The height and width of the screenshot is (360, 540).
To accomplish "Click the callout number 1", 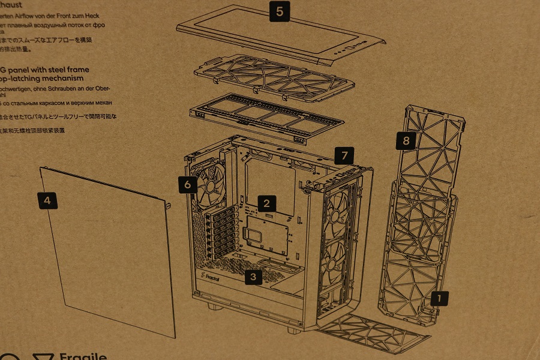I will (x=439, y=297).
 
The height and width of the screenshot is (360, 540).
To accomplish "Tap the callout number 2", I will (x=266, y=202).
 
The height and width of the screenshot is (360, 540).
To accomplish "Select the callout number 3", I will (x=254, y=277).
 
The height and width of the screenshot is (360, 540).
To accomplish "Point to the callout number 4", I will (x=47, y=200).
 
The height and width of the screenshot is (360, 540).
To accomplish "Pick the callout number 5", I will (x=279, y=11).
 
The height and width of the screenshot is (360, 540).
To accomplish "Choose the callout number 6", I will (x=188, y=185).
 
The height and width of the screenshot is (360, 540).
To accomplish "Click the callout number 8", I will (x=406, y=141).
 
